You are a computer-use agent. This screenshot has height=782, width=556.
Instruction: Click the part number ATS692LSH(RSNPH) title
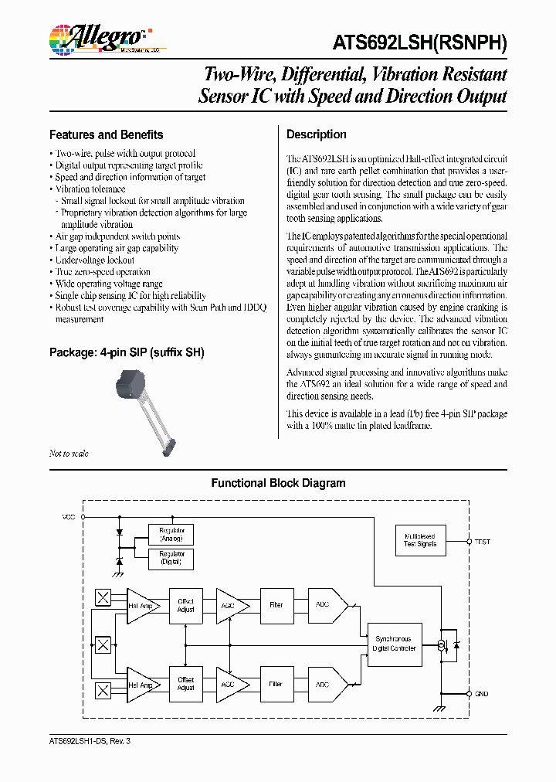(420, 43)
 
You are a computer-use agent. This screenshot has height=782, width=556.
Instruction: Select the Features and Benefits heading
(106, 134)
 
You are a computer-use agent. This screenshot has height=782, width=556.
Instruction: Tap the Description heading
(316, 134)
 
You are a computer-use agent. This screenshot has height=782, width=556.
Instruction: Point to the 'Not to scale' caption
(69, 454)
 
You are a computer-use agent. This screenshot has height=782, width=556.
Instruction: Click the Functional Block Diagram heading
(278, 484)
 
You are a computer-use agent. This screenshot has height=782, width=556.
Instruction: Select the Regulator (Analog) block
(171, 535)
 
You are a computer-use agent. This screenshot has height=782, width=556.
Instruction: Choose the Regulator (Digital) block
(171, 559)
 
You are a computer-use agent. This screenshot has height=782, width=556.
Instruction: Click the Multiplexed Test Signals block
(419, 539)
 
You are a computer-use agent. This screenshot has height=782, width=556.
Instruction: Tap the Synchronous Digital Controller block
(395, 644)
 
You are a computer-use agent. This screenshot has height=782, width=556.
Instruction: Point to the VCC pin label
(69, 516)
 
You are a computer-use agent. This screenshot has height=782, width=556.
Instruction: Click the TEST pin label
(483, 542)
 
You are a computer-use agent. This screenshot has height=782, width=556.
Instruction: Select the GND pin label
(482, 693)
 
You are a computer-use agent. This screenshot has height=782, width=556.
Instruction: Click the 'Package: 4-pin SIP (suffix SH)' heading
(127, 352)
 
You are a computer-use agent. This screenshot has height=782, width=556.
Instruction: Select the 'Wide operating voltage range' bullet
(109, 284)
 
